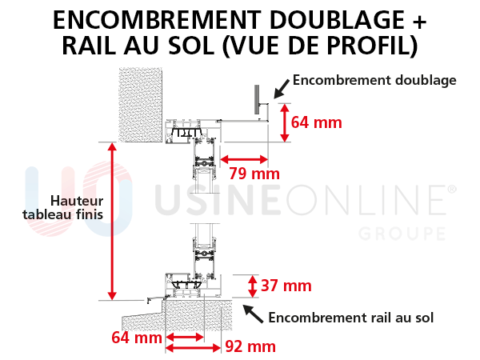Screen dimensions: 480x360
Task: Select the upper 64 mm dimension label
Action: [316, 122]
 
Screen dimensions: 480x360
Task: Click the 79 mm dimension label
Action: [254, 174]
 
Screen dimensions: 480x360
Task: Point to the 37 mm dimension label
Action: [286, 286]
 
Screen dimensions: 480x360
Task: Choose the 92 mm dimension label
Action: [250, 346]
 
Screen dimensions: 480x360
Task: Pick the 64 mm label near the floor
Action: [137, 338]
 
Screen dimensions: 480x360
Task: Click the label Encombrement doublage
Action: [374, 80]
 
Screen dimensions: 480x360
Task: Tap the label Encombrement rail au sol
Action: [351, 318]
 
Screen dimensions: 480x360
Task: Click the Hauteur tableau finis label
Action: [63, 207]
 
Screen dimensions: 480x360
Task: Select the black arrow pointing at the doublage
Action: [282, 89]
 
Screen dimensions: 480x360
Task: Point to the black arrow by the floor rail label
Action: [253, 314]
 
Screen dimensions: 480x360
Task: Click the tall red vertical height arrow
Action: [112, 222]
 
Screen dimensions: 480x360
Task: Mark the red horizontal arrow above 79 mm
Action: [244, 159]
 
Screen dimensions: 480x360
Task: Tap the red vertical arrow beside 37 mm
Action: [252, 286]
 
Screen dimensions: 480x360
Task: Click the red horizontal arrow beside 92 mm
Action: [193, 348]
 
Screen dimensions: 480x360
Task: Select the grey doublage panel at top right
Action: [257, 99]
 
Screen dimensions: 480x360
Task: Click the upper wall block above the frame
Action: [141, 105]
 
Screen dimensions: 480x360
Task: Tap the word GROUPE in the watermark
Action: [402, 234]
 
